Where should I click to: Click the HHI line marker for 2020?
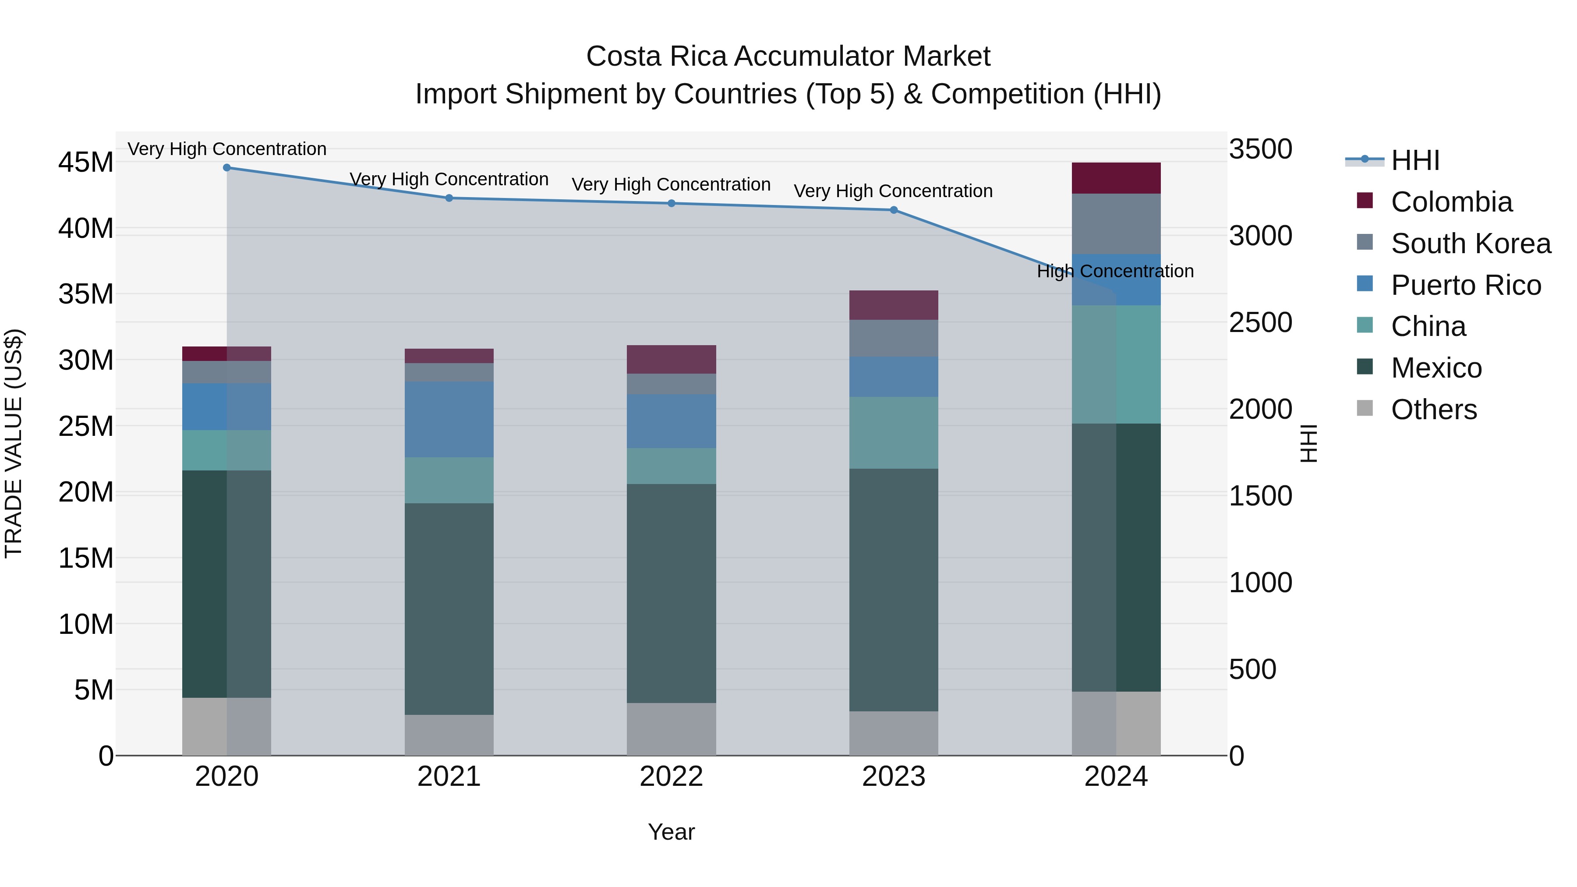[x=226, y=167]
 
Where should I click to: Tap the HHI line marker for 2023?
[x=893, y=210]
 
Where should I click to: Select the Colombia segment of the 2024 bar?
[x=1116, y=178]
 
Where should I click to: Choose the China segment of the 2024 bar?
[x=1116, y=364]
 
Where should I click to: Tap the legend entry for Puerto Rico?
[x=1466, y=285]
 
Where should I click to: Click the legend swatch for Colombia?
[x=1365, y=201]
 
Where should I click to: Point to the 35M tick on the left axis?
[x=86, y=294]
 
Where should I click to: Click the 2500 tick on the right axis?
[x=1260, y=322]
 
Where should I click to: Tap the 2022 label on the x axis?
[x=671, y=777]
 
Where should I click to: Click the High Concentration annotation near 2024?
[x=1115, y=271]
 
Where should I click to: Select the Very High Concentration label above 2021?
[x=449, y=179]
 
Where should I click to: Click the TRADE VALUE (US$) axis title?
[x=14, y=443]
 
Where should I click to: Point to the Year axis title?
[x=671, y=832]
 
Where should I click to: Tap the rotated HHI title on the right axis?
[x=1308, y=443]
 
